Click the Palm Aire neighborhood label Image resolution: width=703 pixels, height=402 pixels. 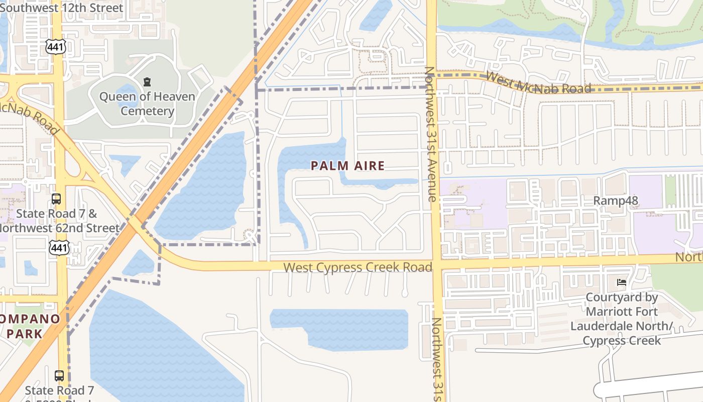[x=347, y=166]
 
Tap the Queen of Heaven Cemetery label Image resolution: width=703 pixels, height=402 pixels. [x=147, y=104]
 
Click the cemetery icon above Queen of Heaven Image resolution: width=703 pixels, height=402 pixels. [x=147, y=81]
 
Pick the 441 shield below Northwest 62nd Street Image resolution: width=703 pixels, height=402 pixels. [x=58, y=247]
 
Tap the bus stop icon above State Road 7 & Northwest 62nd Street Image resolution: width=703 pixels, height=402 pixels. [x=56, y=199]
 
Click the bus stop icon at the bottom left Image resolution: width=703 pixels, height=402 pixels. [x=59, y=375]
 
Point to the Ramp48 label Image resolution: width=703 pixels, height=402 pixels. [x=615, y=201]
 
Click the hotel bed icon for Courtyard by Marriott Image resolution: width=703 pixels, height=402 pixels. [x=622, y=282]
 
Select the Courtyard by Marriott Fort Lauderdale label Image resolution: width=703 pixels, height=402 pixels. [x=622, y=319]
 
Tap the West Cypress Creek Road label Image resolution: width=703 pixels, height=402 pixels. [x=358, y=267]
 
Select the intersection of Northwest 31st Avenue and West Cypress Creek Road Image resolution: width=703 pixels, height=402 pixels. [x=435, y=264]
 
